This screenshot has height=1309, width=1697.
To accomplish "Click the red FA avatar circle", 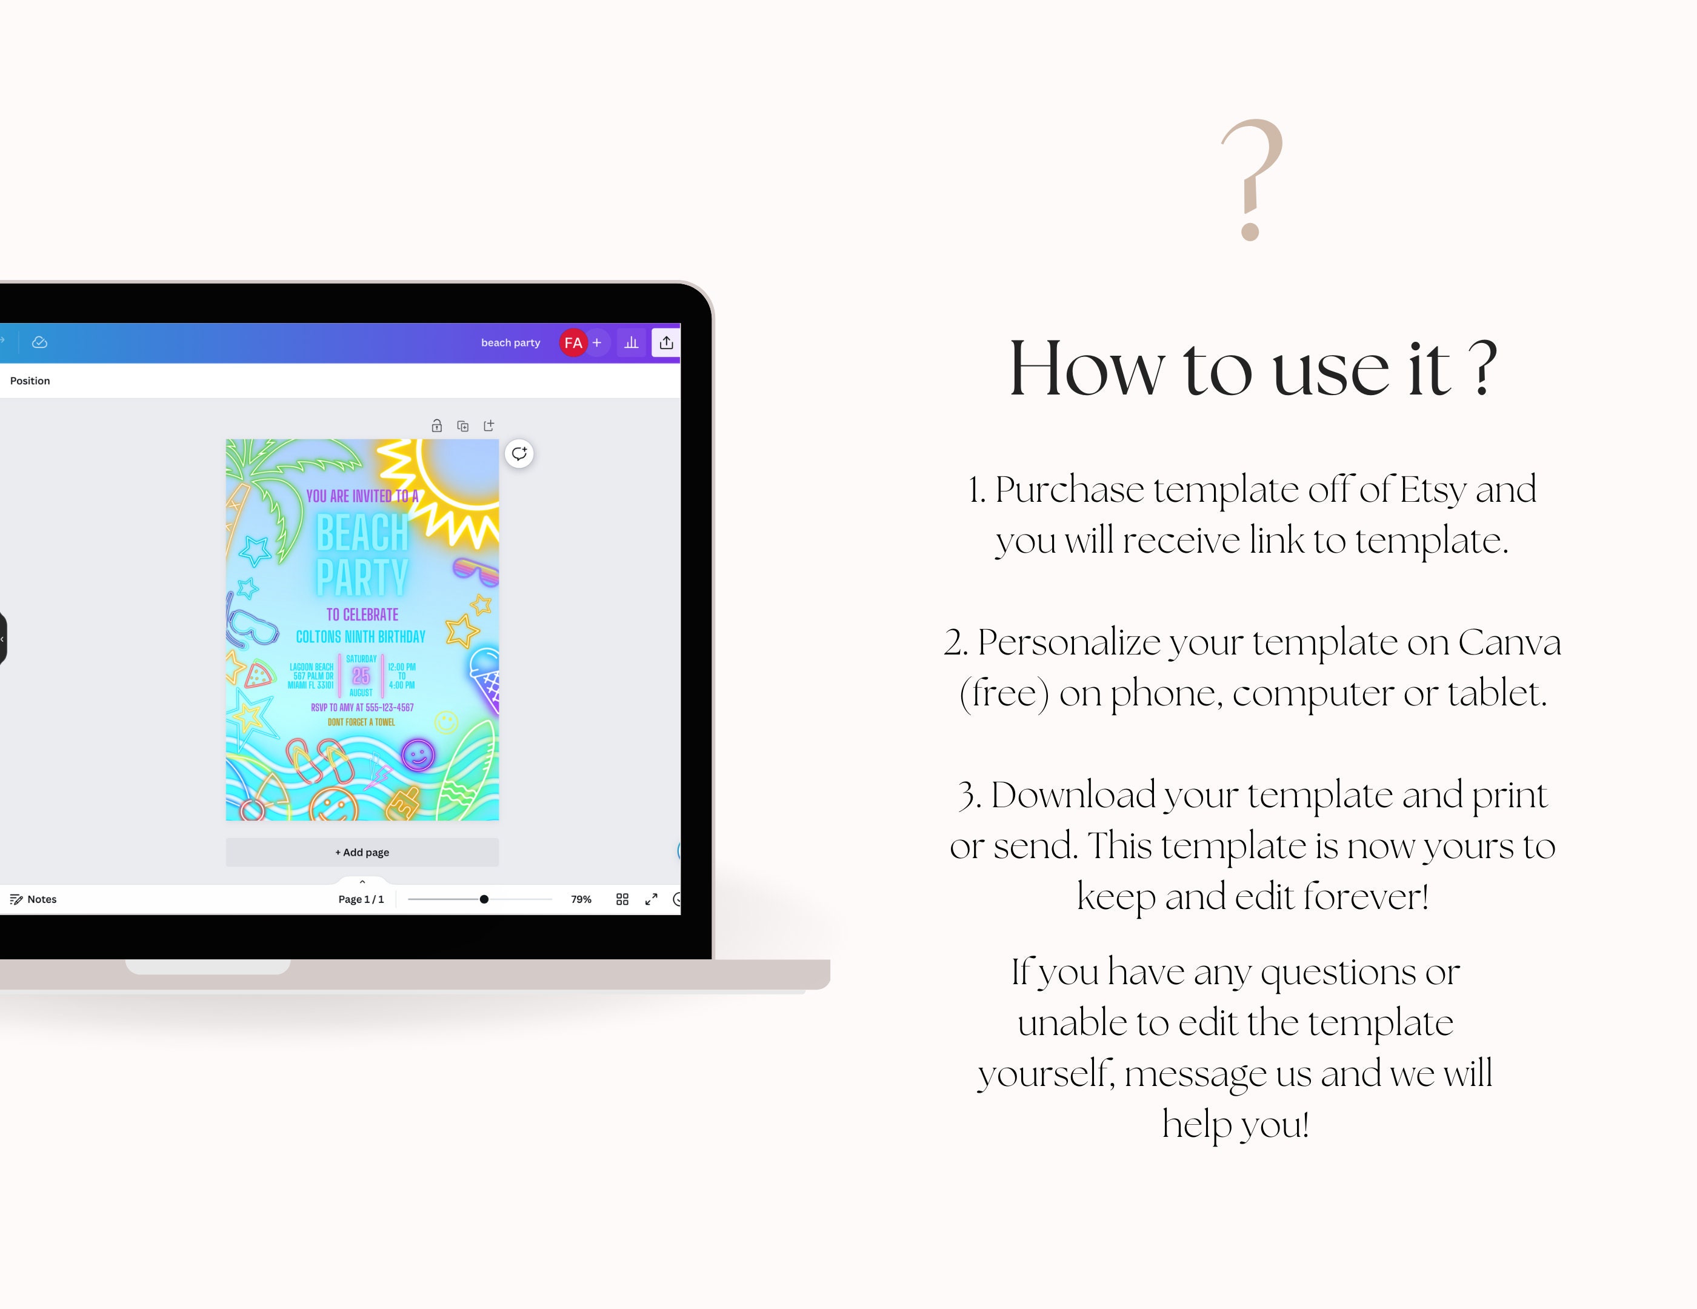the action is click(573, 342).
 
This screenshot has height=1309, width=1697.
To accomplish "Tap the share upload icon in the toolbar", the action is click(667, 342).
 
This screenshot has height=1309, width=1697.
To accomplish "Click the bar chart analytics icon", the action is click(632, 342).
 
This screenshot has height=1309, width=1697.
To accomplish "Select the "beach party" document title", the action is click(510, 342).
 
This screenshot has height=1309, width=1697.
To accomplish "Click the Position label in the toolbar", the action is click(30, 381).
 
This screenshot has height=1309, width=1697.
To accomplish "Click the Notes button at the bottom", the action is click(33, 899).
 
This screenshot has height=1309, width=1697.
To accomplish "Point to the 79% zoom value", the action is click(581, 899).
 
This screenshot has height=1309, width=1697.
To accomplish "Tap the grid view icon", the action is click(622, 899).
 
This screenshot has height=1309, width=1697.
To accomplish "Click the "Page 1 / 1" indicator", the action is click(361, 899).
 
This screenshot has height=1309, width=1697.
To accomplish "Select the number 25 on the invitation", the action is click(361, 675).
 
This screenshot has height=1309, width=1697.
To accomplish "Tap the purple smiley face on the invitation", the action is click(418, 754).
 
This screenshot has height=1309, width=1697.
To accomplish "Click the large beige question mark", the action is click(1252, 179).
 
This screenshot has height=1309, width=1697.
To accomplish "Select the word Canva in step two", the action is click(1509, 642).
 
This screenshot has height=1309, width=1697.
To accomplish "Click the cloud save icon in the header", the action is click(39, 342).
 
